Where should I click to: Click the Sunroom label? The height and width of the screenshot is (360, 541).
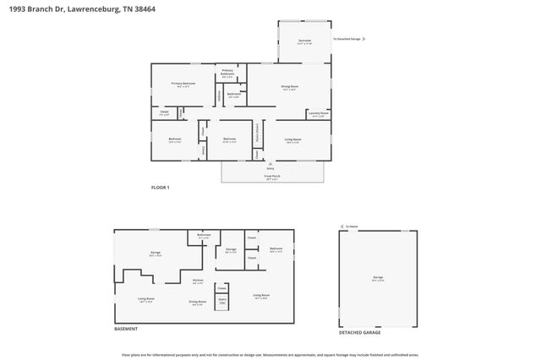[x=304, y=41]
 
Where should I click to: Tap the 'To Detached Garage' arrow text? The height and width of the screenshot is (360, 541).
[x=348, y=39]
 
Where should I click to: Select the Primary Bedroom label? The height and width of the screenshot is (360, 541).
[x=183, y=85]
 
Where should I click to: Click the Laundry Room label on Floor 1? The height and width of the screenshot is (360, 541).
[x=319, y=113]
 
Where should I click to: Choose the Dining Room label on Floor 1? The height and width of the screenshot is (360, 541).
[x=290, y=87]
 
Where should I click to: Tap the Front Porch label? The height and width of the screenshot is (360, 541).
[x=272, y=177]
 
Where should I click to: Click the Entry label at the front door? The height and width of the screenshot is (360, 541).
[x=270, y=168]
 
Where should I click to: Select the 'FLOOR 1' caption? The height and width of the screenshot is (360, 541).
[x=161, y=188]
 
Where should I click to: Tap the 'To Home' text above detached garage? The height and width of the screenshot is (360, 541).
[x=352, y=226]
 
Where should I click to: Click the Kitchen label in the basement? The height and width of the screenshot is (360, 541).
[x=198, y=281]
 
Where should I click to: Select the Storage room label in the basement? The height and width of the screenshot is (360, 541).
[x=231, y=250]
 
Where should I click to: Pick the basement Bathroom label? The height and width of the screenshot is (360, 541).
[x=204, y=236]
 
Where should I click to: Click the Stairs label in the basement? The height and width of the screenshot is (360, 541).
[x=223, y=300]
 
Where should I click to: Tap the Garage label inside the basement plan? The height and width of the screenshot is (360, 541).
[x=156, y=254]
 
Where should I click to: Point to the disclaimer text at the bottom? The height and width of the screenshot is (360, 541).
[x=270, y=355]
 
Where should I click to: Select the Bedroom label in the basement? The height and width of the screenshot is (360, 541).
[x=276, y=249]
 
